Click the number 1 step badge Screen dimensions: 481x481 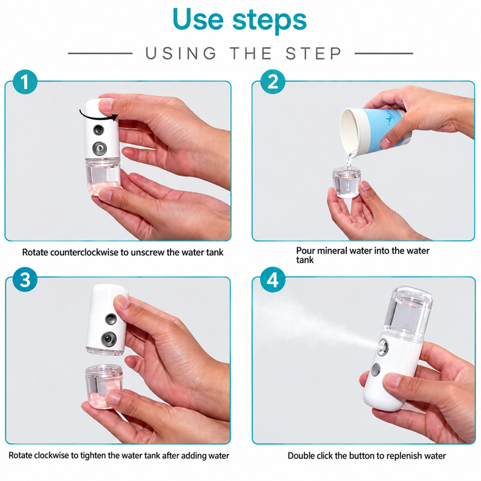tap(25, 82)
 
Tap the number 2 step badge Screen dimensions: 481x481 tap(273, 82)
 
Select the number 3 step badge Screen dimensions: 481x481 tap(25, 280)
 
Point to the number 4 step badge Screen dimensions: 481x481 tap(273, 280)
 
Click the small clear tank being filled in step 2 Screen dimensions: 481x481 tap(346, 182)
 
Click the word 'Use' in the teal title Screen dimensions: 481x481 tap(198, 19)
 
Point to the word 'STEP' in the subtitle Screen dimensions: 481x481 tap(313, 53)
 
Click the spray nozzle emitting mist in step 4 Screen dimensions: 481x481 tap(383, 347)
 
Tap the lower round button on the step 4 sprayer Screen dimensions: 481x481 tap(376, 369)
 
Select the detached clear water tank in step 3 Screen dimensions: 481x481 tap(103, 387)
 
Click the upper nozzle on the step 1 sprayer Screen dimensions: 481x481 tap(99, 130)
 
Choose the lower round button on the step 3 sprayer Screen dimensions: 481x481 tap(109, 339)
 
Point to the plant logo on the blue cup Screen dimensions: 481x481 tap(389, 118)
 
